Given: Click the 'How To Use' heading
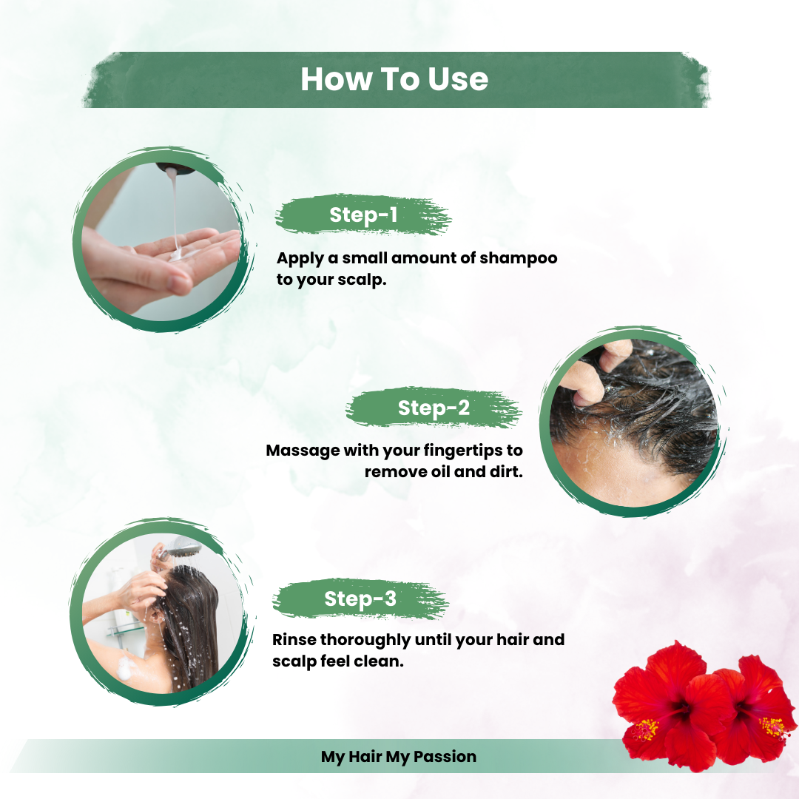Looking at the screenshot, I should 394,79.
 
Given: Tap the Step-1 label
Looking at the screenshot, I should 363,215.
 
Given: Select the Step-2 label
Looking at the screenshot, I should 434,408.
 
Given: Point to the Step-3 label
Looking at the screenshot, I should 360,599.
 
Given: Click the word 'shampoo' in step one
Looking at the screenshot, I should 518,258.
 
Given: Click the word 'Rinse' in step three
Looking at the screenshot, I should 294,639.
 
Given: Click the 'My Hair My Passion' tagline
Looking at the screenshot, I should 399,757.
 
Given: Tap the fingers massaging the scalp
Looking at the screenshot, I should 599,374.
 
